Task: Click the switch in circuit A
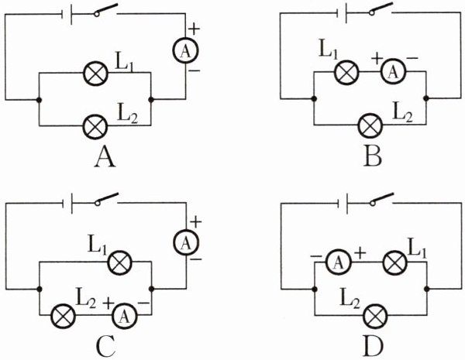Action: point(105,12)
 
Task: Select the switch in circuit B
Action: point(380,11)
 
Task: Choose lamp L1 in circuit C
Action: point(118,263)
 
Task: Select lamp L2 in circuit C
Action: point(62,314)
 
